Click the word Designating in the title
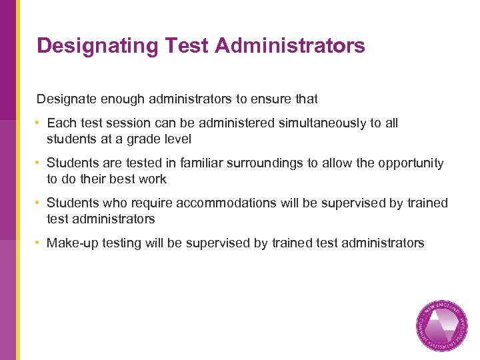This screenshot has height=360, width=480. click(96, 45)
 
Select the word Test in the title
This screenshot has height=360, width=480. click(185, 45)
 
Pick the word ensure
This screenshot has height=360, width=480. click(271, 99)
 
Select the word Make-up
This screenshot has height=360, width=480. click(70, 243)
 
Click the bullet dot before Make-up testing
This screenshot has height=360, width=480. click(39, 243)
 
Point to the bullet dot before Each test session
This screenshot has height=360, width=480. click(39, 123)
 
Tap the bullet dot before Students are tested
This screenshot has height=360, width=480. click(39, 163)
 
